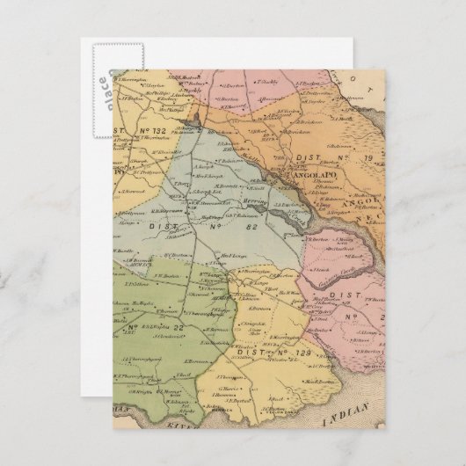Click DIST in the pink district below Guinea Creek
pos(344,297)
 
